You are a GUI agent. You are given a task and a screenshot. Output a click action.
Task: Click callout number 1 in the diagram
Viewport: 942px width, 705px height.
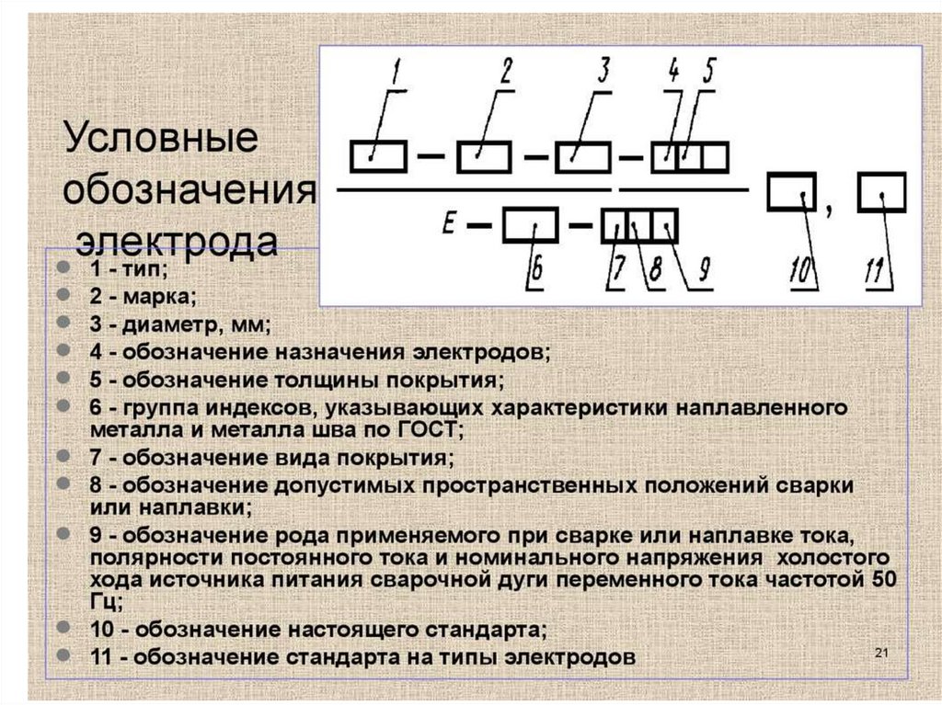(396, 72)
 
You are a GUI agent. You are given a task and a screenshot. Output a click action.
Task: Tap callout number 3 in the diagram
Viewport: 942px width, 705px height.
(604, 71)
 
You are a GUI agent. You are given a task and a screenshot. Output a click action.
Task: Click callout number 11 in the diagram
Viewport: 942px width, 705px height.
(877, 270)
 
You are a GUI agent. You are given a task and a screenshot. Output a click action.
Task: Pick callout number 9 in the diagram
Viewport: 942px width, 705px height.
(702, 269)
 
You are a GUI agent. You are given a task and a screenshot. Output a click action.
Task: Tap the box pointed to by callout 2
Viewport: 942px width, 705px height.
(484, 157)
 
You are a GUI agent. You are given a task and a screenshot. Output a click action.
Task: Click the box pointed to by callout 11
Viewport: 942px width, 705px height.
(881, 194)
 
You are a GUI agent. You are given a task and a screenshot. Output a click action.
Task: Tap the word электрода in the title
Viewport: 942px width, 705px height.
(176, 241)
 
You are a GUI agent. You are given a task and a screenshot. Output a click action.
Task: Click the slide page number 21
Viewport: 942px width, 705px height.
(879, 653)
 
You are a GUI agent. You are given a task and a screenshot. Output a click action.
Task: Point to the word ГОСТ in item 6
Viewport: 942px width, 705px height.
(433, 429)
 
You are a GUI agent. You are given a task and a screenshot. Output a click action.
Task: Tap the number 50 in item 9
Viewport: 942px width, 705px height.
(880, 581)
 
